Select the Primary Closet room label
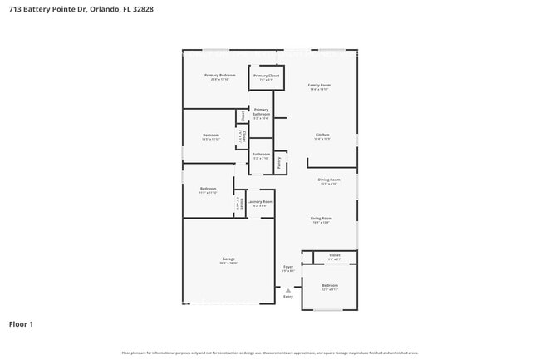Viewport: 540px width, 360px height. click(x=267, y=76)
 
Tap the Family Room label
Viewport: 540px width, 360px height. click(x=320, y=85)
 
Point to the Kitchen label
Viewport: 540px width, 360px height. click(x=322, y=135)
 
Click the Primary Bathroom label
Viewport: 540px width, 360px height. click(x=261, y=112)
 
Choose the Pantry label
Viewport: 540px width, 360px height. click(x=279, y=163)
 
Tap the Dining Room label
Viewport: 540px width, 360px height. click(x=329, y=180)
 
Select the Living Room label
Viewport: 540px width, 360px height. click(x=322, y=219)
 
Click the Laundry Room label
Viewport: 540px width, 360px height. click(x=260, y=201)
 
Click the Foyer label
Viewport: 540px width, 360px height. click(x=288, y=267)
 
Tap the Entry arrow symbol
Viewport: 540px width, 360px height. click(x=288, y=290)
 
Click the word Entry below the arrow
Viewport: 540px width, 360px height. click(x=288, y=297)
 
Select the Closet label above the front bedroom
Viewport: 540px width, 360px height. click(x=334, y=255)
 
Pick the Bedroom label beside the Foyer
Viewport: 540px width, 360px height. click(x=330, y=285)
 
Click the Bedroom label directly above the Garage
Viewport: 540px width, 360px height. click(x=208, y=189)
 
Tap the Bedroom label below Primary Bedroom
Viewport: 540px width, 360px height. click(x=211, y=135)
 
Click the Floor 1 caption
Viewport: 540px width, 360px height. click(x=21, y=323)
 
